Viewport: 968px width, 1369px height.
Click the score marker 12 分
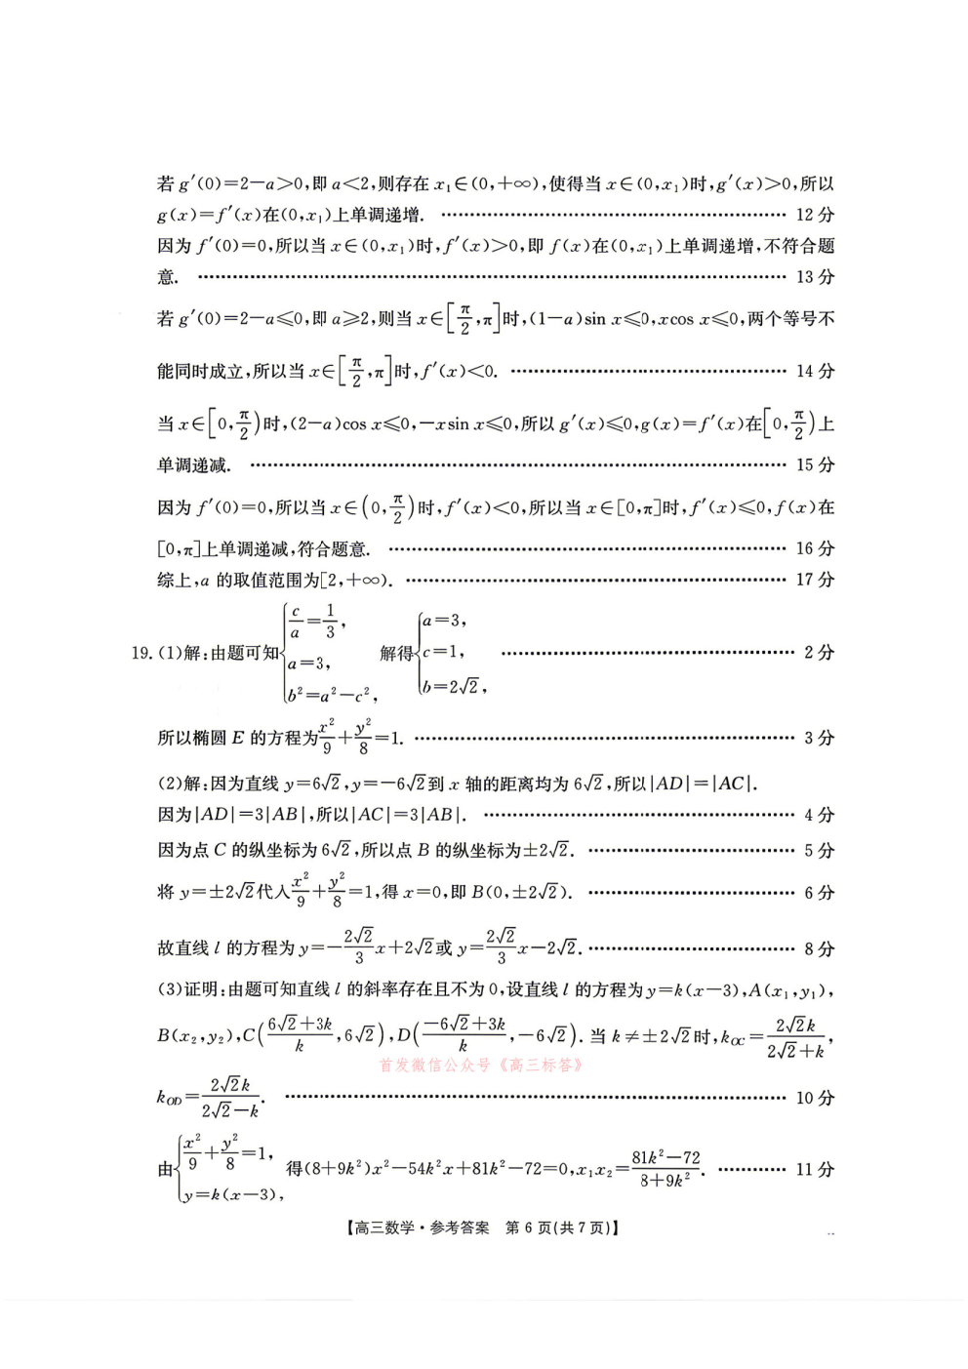pyautogui.click(x=815, y=215)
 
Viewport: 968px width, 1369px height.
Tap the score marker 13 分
pyautogui.click(x=815, y=277)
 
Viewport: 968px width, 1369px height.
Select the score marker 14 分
pyautogui.click(x=815, y=371)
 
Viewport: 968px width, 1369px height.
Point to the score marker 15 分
pyautogui.click(x=815, y=464)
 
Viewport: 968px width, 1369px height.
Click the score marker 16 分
pyautogui.click(x=815, y=548)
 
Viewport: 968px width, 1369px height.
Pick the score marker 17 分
pyautogui.click(x=815, y=580)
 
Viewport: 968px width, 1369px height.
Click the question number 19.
pyautogui.click(x=141, y=653)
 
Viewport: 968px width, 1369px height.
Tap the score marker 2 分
pyautogui.click(x=819, y=653)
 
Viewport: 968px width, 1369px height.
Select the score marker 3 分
pyautogui.click(x=819, y=738)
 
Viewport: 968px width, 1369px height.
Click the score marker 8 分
pyautogui.click(x=819, y=948)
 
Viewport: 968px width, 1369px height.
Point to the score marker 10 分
pyautogui.click(x=815, y=1098)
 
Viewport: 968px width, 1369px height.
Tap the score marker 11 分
pyautogui.click(x=815, y=1169)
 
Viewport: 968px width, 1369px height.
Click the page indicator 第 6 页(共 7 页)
pyautogui.click(x=562, y=1228)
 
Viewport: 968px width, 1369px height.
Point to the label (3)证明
pyautogui.click(x=190, y=989)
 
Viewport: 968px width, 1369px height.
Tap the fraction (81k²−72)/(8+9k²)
pyautogui.click(x=665, y=1168)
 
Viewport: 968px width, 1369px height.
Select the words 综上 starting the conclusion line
pyautogui.click(x=174, y=581)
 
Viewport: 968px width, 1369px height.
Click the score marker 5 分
pyautogui.click(x=819, y=851)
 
